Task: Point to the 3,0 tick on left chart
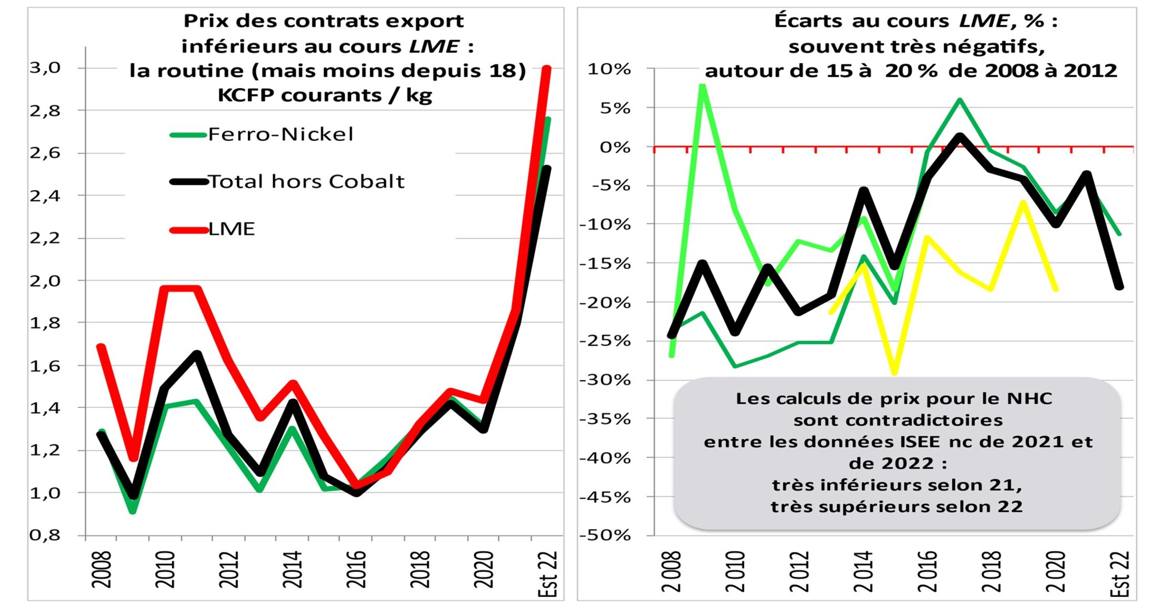(x=45, y=68)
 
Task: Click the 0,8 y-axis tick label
(x=45, y=535)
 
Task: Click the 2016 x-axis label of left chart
(x=356, y=569)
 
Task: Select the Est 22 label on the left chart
(x=548, y=573)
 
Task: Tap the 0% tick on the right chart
(x=615, y=147)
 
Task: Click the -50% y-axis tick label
(x=605, y=535)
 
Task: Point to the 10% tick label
(x=609, y=69)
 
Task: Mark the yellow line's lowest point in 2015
(x=895, y=372)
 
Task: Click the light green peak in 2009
(x=702, y=85)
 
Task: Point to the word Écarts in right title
(x=809, y=21)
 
